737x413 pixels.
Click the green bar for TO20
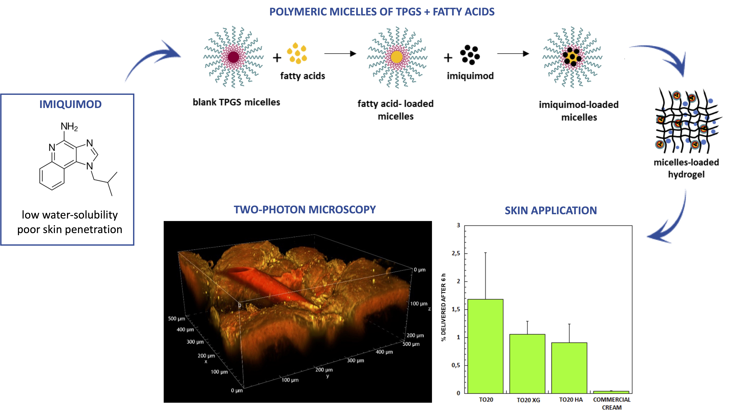(486, 346)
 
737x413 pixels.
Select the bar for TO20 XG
(527, 364)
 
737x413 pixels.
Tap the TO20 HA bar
(569, 368)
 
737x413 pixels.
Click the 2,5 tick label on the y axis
(456, 253)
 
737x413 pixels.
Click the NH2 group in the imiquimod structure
(69, 126)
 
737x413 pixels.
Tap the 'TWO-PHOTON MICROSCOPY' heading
(305, 210)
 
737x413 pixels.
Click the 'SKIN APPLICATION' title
(551, 210)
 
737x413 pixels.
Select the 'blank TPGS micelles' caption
(236, 102)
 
